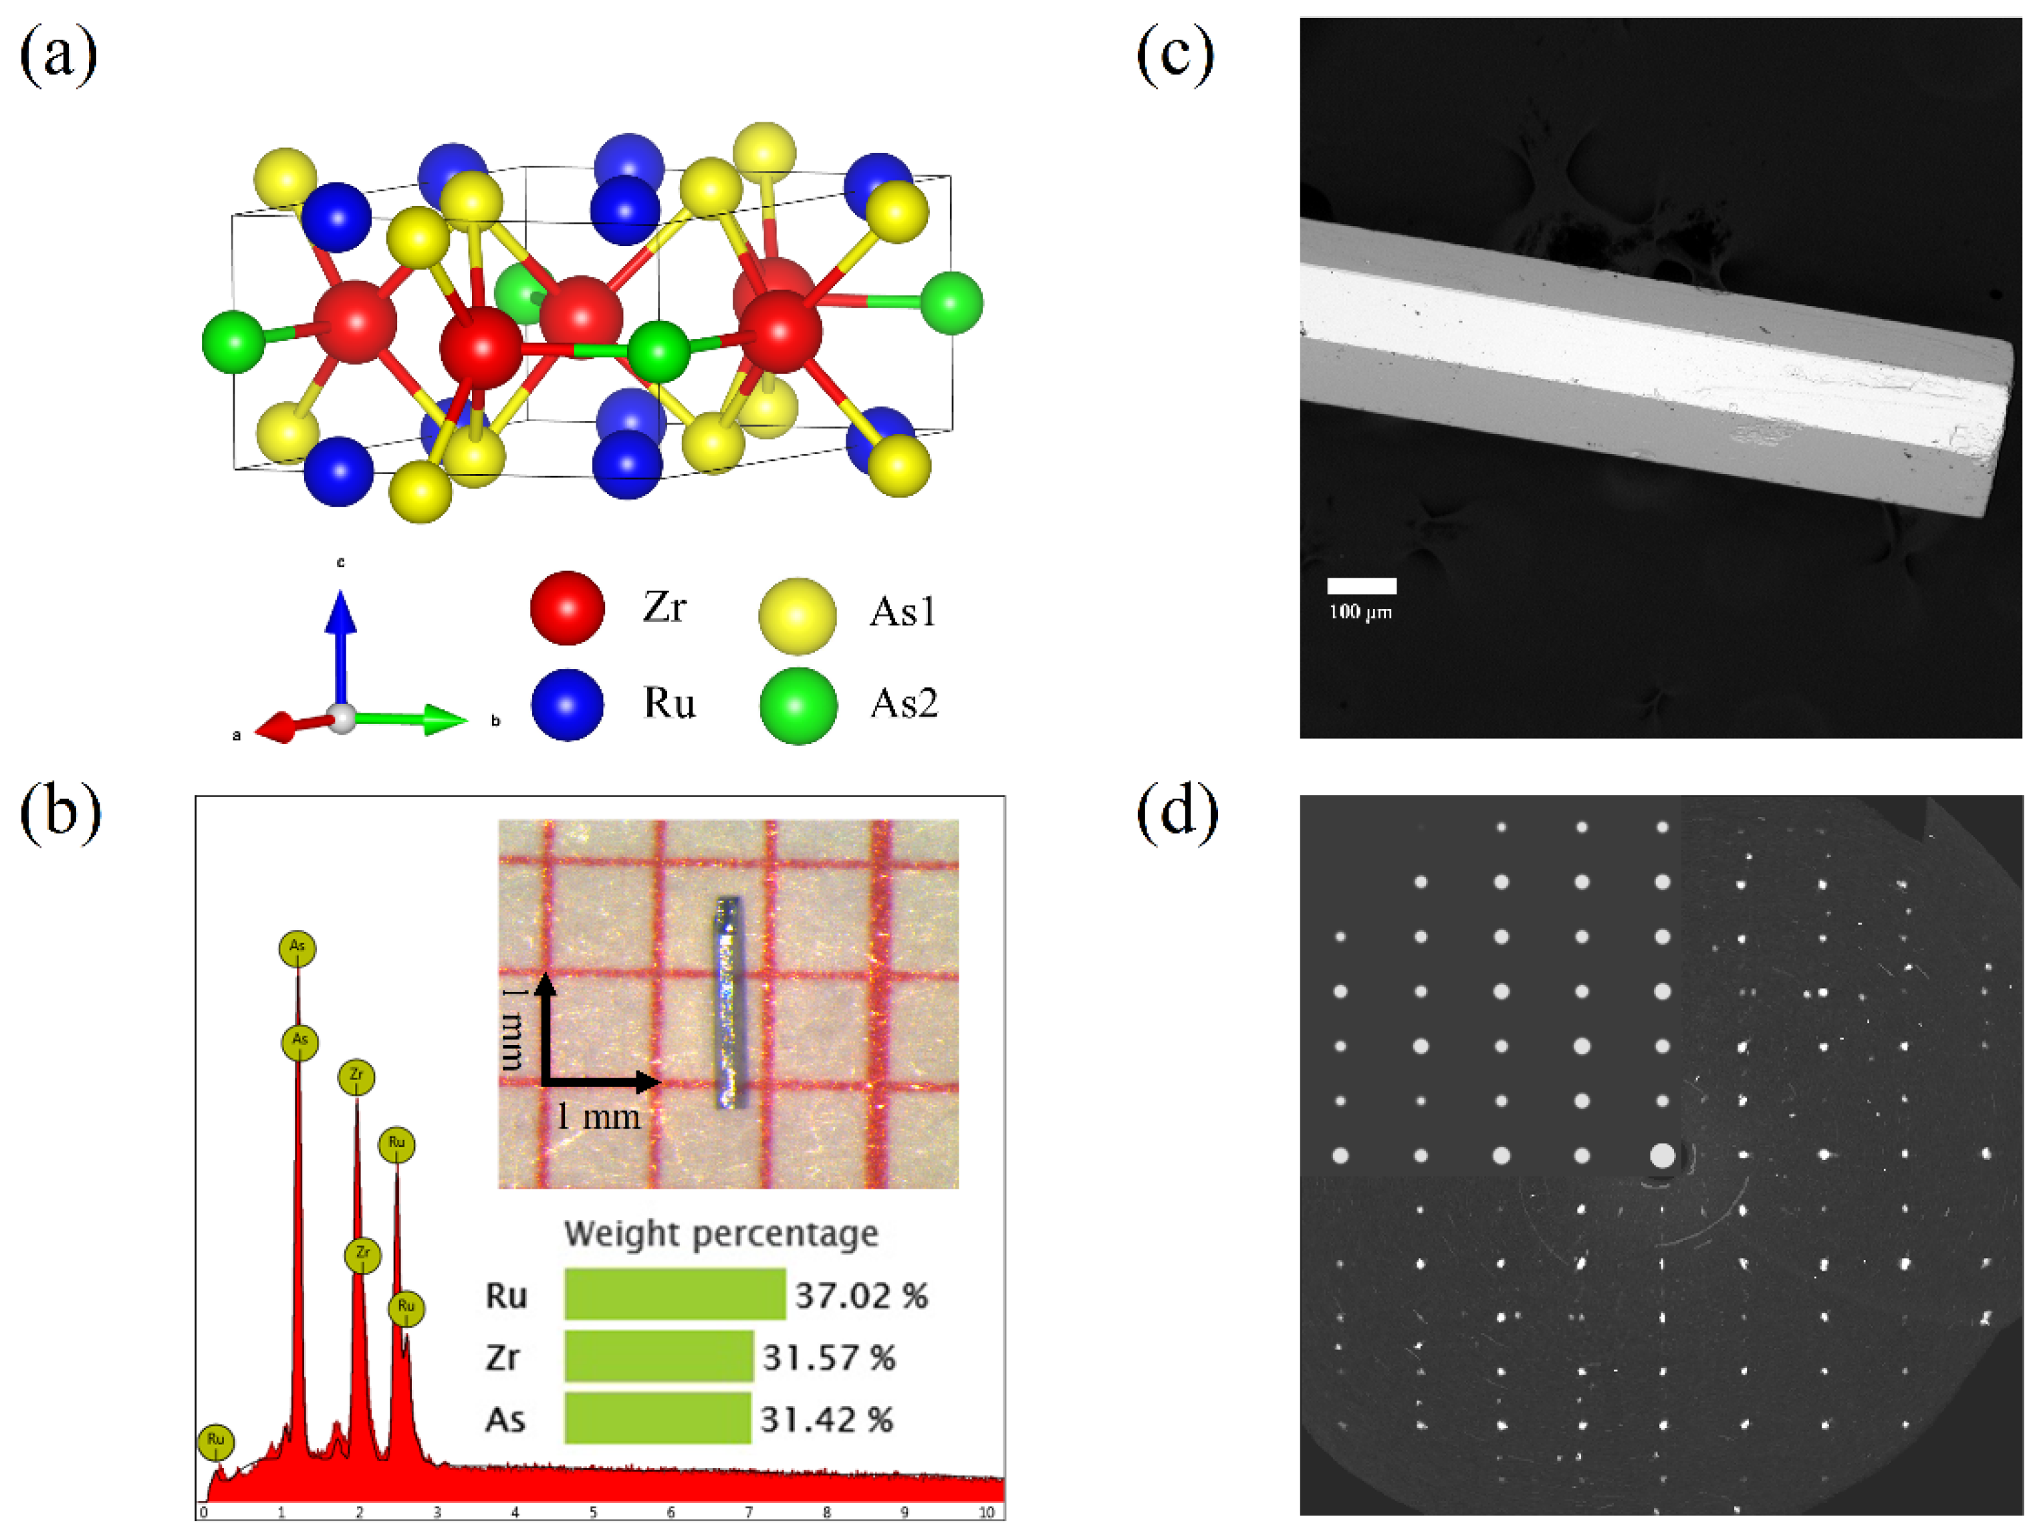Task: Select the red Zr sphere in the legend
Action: point(567,608)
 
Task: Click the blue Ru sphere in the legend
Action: point(567,705)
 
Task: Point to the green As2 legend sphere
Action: point(798,706)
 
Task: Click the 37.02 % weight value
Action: point(861,1295)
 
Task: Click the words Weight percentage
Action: point(721,1234)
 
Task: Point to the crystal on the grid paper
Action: point(729,1002)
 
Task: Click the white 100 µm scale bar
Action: point(1361,586)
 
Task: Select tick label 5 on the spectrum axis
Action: point(593,1512)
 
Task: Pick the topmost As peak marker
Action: point(297,948)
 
